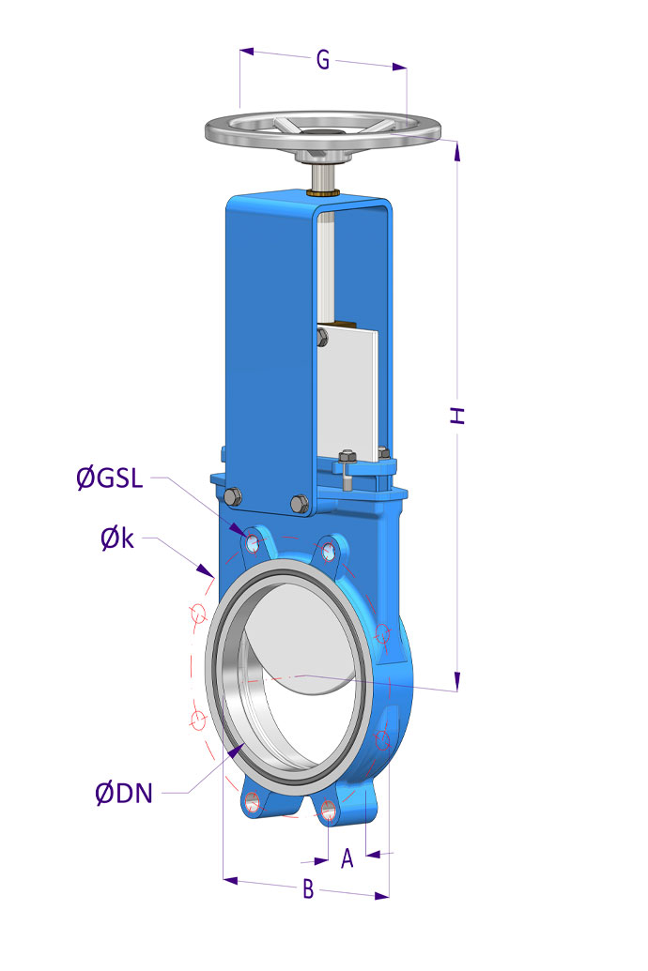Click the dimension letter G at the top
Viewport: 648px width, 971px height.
(x=322, y=60)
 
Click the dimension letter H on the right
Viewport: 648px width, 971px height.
(x=457, y=416)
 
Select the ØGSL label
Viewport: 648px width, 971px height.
(x=110, y=478)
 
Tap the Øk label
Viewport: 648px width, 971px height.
(x=117, y=539)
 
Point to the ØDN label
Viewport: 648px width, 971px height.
(x=124, y=793)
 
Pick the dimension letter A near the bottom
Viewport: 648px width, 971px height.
(x=347, y=858)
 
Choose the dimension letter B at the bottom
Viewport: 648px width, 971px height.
(x=308, y=889)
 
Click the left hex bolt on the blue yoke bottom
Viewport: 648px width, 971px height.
(x=233, y=496)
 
